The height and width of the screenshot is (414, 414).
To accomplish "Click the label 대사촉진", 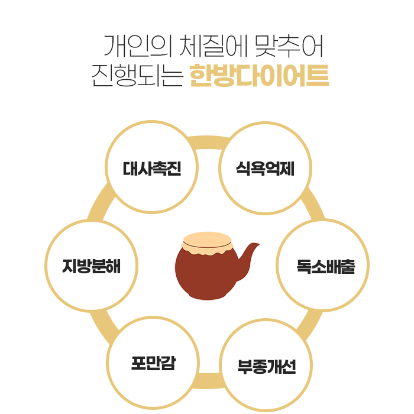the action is point(152,168).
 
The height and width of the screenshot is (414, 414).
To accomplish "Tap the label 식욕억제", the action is point(265,168).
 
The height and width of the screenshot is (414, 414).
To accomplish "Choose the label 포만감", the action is point(153,362).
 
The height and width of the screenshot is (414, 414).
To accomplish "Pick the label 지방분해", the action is point(92,266).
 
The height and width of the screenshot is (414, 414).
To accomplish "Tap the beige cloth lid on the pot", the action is point(207,241).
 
